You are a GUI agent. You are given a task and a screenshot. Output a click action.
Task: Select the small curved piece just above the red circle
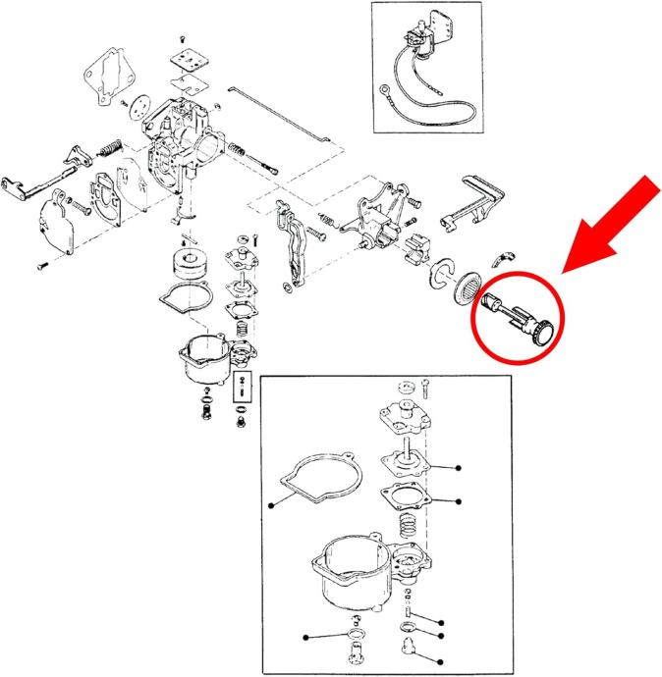pos(502,257)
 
